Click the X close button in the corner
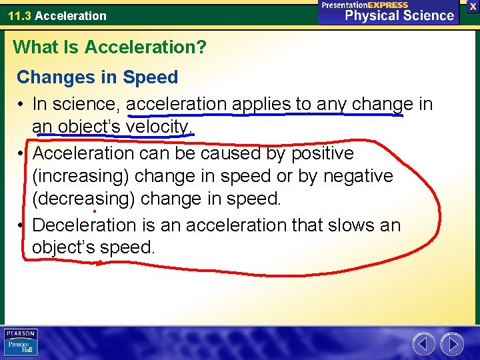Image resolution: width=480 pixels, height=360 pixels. click(473, 6)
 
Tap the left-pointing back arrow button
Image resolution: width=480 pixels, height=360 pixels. click(423, 344)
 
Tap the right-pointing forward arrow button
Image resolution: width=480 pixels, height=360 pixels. click(453, 344)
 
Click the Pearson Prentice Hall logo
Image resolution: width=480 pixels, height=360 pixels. click(21, 343)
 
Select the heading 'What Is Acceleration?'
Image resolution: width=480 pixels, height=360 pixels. click(110, 47)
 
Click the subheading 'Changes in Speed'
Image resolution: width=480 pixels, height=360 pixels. click(97, 77)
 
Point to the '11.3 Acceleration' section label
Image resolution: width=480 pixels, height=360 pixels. click(57, 15)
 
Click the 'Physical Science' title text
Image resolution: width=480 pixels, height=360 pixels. click(399, 15)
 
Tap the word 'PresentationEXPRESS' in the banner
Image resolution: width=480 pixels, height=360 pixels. click(365, 5)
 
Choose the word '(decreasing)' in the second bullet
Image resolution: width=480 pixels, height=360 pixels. click(83, 199)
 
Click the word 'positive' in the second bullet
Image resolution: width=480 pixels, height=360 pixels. click(315, 153)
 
